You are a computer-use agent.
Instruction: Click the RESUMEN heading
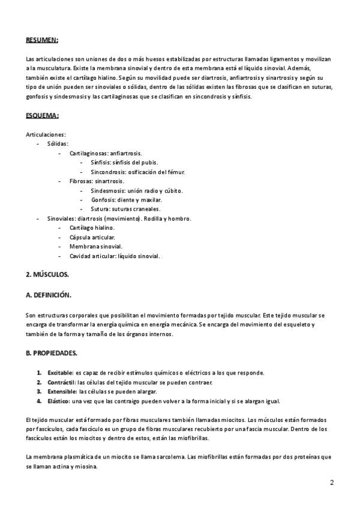click(42, 40)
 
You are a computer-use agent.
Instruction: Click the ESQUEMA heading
click(42, 115)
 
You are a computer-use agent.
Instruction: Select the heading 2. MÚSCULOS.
click(47, 275)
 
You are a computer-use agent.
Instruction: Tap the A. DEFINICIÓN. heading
click(49, 295)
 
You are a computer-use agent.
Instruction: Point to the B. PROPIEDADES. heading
click(51, 353)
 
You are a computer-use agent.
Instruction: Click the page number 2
click(332, 483)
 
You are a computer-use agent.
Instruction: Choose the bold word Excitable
click(60, 373)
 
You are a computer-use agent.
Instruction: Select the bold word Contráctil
click(61, 382)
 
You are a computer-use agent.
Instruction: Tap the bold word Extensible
click(62, 391)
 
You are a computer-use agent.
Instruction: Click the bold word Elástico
click(59, 401)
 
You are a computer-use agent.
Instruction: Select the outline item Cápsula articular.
click(92, 238)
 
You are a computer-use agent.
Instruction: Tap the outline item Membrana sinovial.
click(95, 247)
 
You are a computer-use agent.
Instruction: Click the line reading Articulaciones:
click(46, 134)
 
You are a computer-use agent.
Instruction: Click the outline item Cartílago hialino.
click(91, 228)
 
